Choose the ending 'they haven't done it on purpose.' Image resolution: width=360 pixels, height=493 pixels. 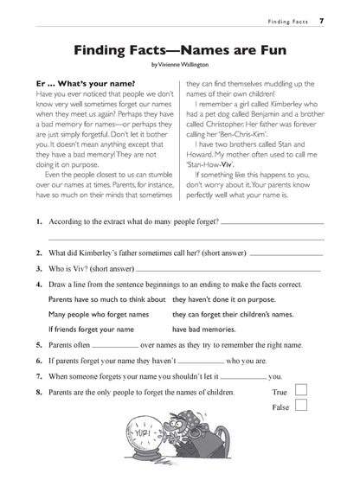click(223, 298)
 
